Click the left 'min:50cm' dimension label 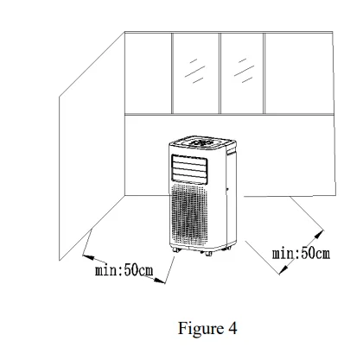(124, 270)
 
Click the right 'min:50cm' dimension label (302, 253)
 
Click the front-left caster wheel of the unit (176, 251)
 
